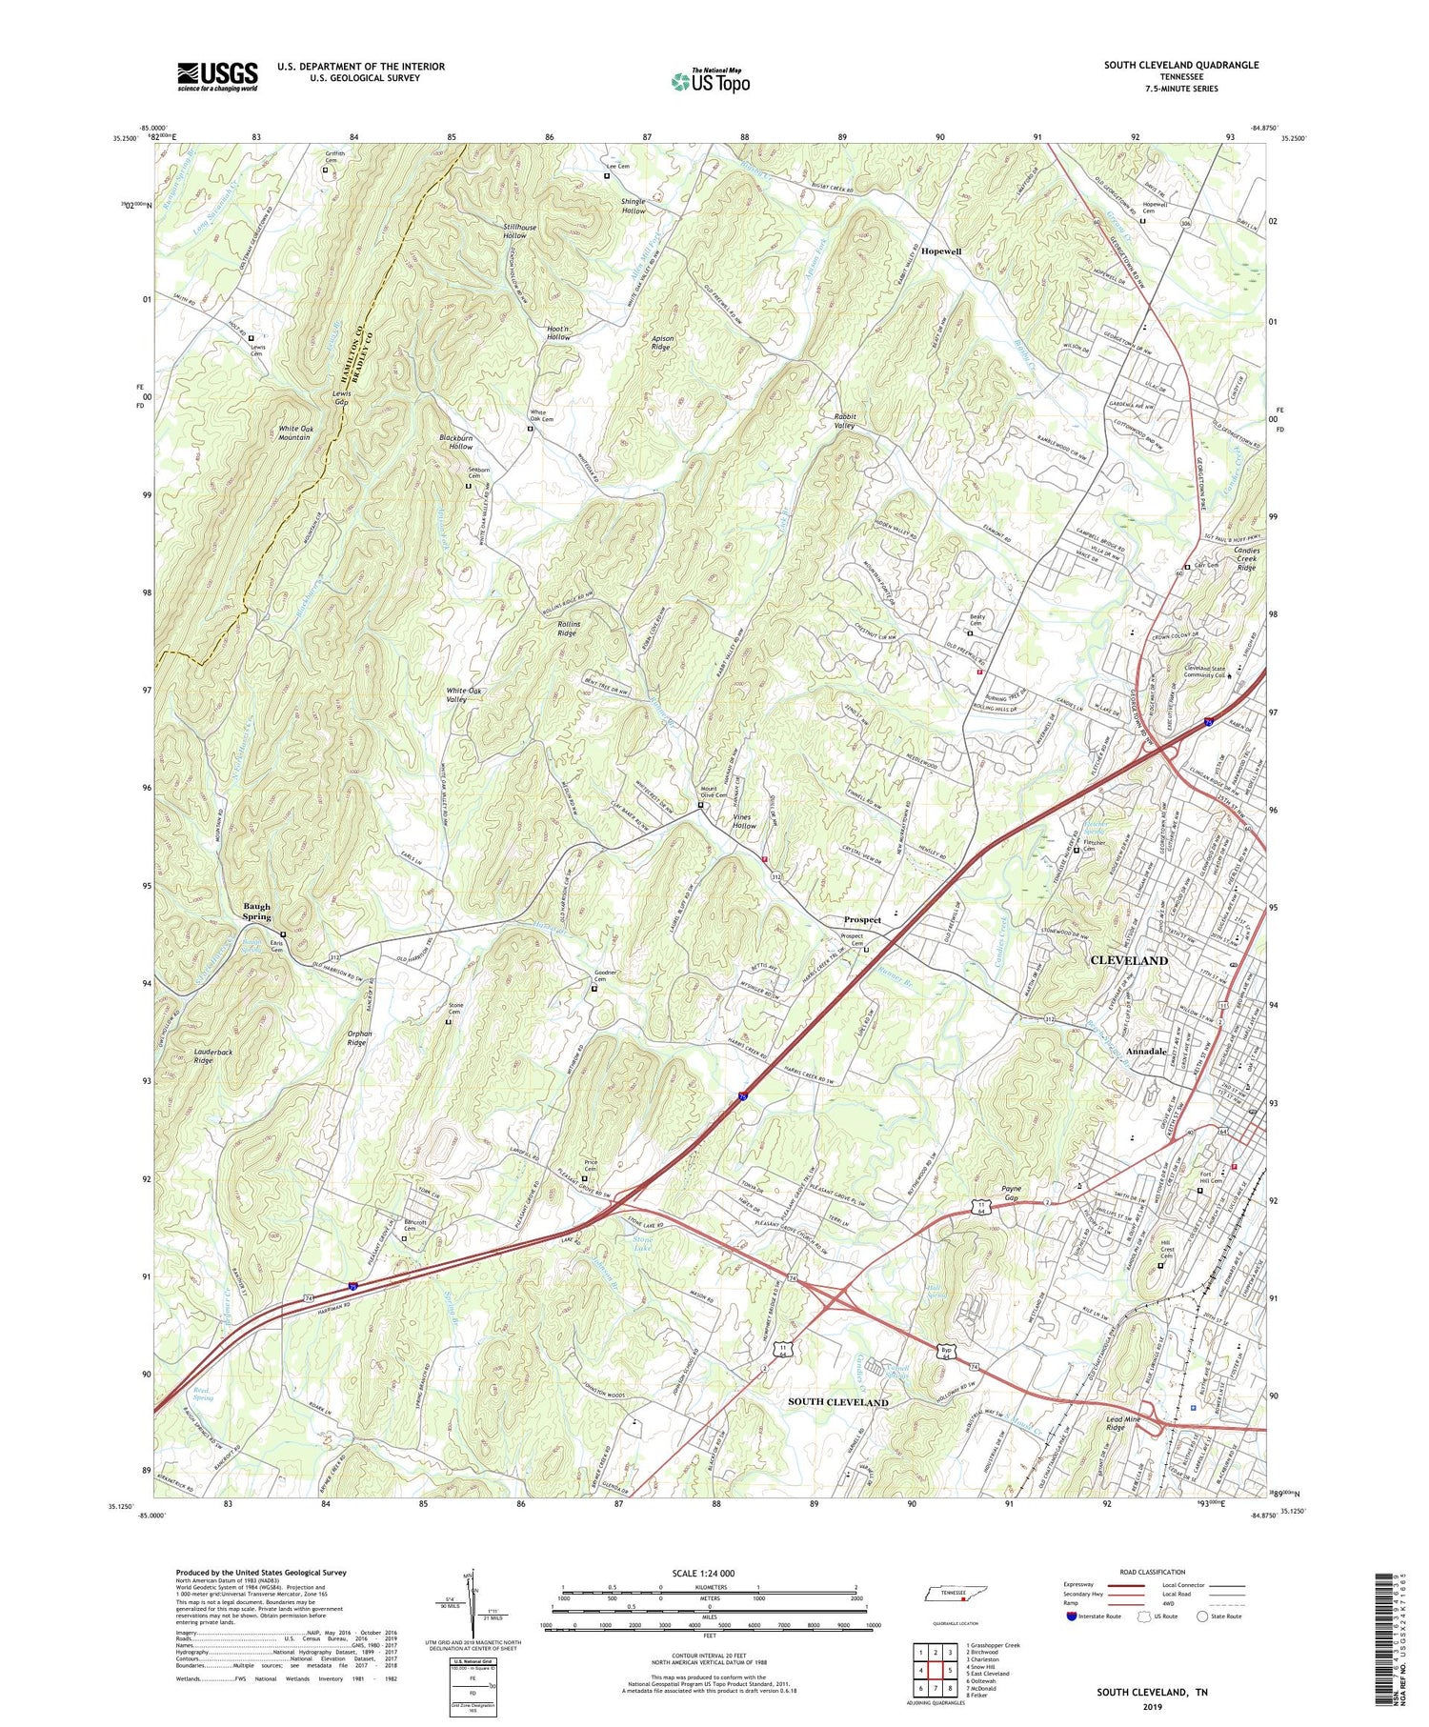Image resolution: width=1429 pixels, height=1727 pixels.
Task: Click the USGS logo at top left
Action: pos(216,76)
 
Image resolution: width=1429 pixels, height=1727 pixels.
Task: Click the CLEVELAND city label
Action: pos(1129,960)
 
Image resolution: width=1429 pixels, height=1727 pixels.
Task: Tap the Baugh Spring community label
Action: pos(256,912)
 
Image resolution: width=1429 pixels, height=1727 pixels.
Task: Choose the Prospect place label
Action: pos(862,920)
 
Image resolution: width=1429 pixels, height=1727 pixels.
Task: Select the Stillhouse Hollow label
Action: pos(521,230)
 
